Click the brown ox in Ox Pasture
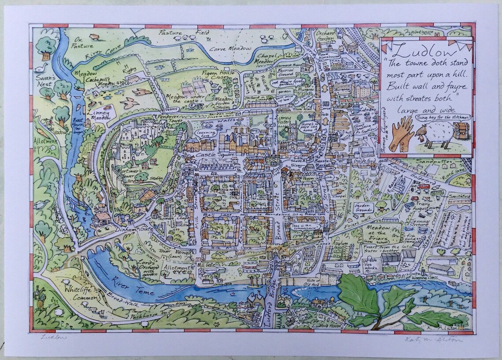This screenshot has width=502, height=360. [x=94, y=37]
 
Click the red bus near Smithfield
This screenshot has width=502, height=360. [x=424, y=187]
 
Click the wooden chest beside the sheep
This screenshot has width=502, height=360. [x=461, y=131]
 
